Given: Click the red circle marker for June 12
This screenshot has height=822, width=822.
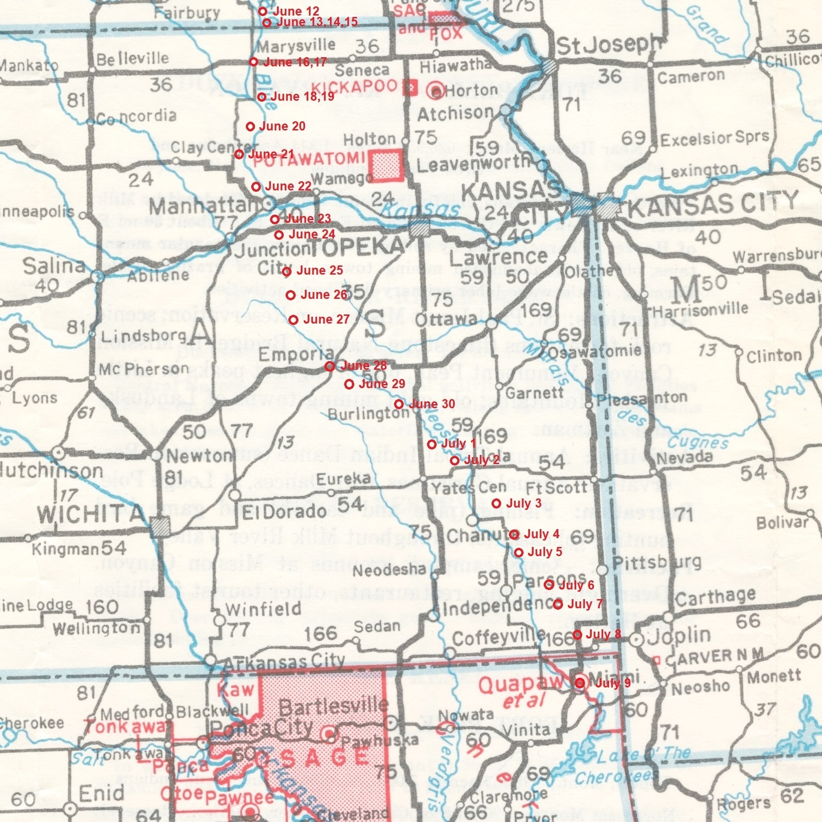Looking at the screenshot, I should click(263, 11).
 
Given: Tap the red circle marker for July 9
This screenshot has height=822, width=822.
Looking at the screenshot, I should click(580, 683).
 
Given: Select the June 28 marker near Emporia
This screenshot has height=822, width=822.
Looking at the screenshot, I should click(330, 366).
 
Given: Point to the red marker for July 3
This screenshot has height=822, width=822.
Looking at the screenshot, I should click(496, 503).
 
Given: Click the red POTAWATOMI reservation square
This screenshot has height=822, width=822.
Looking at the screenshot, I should click(386, 165).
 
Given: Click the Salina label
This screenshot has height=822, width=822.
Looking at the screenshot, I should click(54, 266).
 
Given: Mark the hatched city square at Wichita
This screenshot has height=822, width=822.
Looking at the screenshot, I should click(161, 528).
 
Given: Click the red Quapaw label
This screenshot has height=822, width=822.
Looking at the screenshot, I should click(520, 685).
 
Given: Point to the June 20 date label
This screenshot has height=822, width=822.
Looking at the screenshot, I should click(282, 126).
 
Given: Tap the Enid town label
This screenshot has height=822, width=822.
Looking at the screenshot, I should click(101, 794).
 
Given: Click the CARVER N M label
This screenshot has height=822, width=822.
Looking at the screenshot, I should click(714, 656).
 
